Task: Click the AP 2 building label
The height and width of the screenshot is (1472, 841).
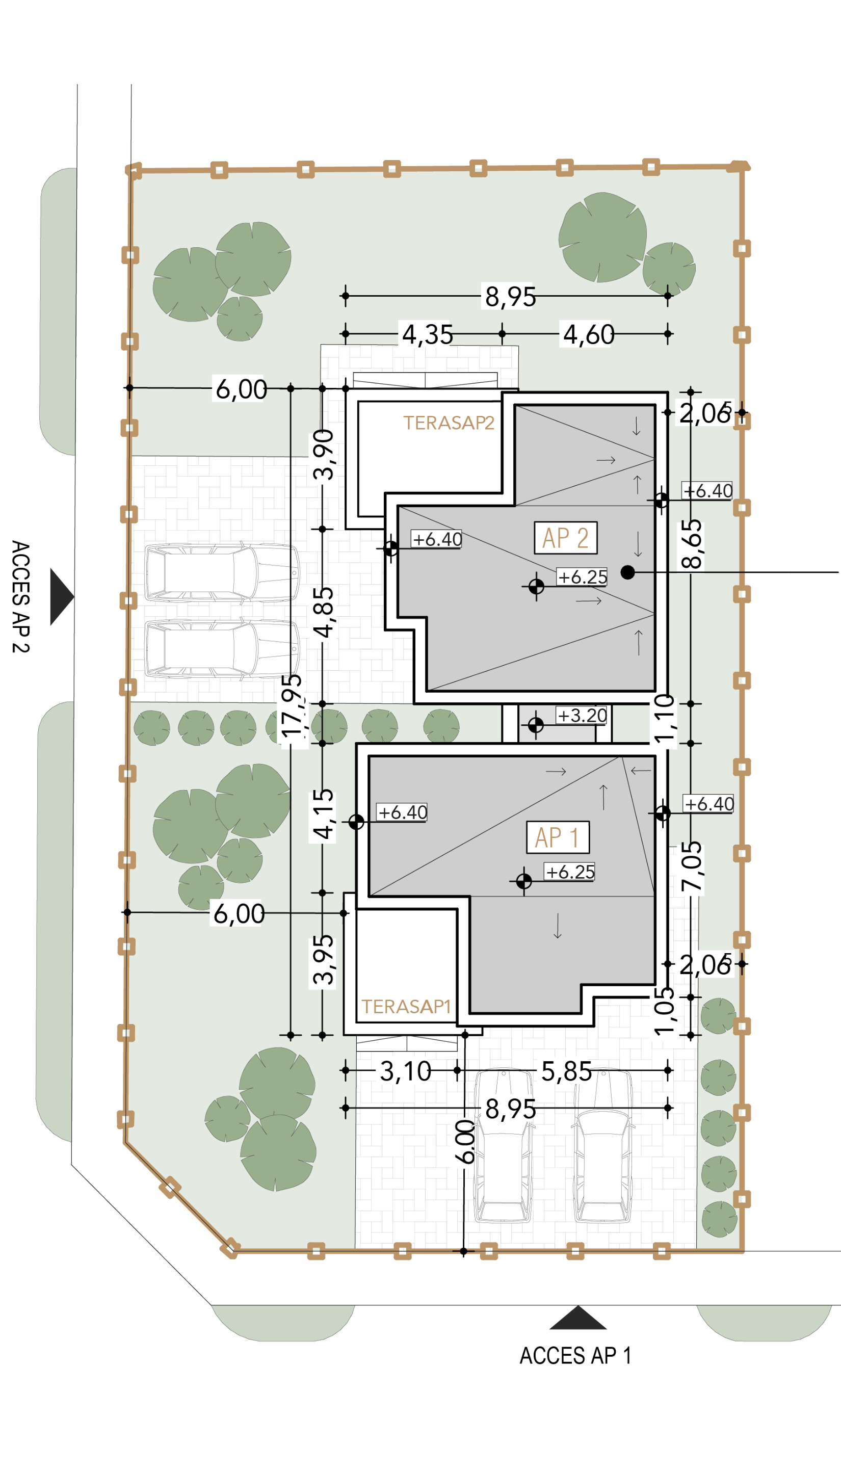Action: coord(565,538)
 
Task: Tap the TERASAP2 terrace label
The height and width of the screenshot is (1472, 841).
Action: coord(449,423)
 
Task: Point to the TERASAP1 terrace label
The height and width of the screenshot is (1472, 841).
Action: coord(406,1007)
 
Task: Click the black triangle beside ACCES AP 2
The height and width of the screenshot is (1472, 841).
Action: coord(62,596)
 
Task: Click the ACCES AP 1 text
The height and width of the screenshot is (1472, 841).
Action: coord(575,1355)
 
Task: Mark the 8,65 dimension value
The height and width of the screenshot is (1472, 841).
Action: coord(691,544)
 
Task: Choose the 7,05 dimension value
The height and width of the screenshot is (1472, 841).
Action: coord(691,866)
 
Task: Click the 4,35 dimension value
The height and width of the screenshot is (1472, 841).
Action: coord(428,334)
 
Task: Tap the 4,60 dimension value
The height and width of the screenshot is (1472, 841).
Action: coord(589,334)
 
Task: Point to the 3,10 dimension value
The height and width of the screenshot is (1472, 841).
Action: coord(406,1071)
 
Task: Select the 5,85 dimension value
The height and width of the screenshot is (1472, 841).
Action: coord(567,1071)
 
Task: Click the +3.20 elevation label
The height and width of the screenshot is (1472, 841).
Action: coord(582,716)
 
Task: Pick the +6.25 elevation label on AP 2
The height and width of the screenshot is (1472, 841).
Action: coord(582,577)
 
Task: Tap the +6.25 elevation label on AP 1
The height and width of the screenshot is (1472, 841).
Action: coord(570,872)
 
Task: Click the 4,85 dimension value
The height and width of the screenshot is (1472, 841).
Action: coord(324,612)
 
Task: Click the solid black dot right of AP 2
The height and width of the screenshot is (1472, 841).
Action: coord(628,572)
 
